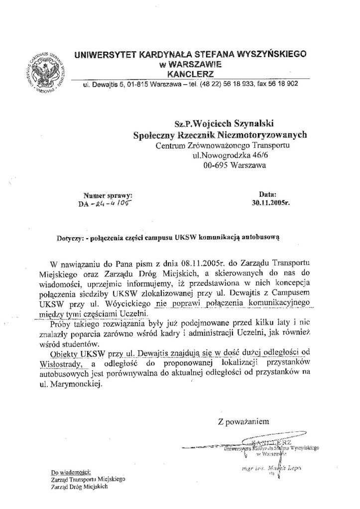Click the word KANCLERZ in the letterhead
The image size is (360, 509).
tap(190, 74)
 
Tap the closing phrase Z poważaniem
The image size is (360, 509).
tap(244, 422)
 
